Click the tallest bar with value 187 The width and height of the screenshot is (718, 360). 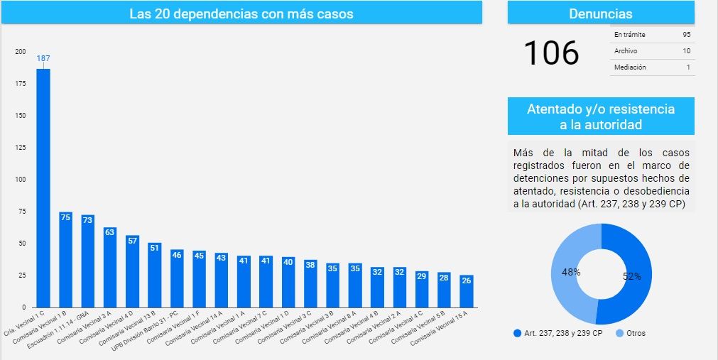[43, 187]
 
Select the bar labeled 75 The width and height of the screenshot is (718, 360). [65, 259]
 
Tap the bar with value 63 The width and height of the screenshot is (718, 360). [110, 267]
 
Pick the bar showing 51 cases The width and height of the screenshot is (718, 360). [154, 275]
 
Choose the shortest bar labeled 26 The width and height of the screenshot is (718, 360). [466, 291]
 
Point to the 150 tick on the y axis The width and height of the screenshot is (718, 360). [21, 116]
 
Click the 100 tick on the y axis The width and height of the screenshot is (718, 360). [21, 180]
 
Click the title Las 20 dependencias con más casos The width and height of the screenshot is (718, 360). [241, 14]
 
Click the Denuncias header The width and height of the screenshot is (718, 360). [600, 13]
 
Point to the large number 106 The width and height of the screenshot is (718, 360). [551, 53]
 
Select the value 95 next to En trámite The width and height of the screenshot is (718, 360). [686, 34]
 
